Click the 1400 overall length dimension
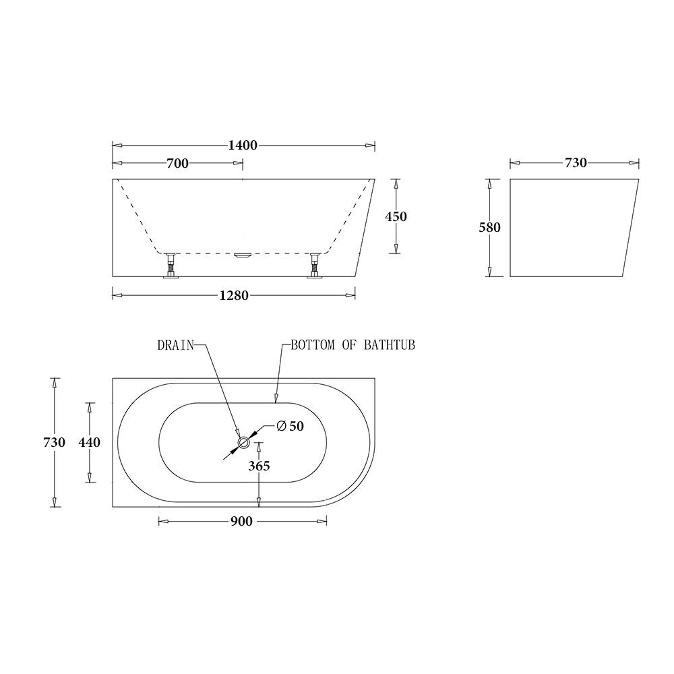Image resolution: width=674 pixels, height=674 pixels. click(x=243, y=146)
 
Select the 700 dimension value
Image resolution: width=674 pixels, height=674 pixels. click(x=177, y=163)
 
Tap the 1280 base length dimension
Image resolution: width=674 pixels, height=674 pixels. click(x=234, y=296)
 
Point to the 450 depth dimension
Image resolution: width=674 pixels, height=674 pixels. click(x=396, y=216)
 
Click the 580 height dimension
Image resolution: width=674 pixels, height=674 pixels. click(x=489, y=227)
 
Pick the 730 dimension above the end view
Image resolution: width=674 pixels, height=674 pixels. click(x=576, y=163)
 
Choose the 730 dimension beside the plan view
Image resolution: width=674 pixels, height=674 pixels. click(x=54, y=442)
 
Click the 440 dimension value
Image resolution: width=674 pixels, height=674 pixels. click(x=90, y=442)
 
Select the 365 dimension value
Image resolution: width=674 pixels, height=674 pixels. click(x=259, y=466)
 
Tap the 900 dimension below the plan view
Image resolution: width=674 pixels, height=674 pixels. click(x=241, y=522)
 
